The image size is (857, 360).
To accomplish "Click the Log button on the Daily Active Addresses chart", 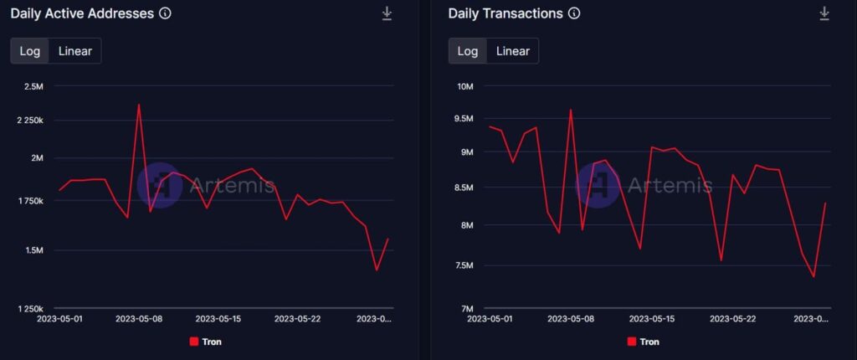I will [x=30, y=51].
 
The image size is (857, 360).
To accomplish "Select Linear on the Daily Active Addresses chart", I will [x=75, y=51].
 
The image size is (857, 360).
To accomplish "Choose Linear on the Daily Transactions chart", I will [x=512, y=51].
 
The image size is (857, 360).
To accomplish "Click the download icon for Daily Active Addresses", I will [x=387, y=13].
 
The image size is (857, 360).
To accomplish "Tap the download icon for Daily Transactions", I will [x=824, y=13].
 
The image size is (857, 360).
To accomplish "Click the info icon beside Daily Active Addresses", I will [x=165, y=13].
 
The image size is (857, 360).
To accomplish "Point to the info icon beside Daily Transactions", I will [x=573, y=13].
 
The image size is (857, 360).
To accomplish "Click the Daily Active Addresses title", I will [x=82, y=13].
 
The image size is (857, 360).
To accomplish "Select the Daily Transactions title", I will [x=505, y=13].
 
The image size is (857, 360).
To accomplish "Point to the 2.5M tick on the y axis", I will [x=33, y=86].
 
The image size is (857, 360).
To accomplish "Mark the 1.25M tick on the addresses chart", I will [x=31, y=309].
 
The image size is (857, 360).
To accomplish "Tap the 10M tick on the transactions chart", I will [x=464, y=86].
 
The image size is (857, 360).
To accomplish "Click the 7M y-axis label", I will [x=467, y=309].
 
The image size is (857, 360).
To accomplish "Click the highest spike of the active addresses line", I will [x=139, y=105].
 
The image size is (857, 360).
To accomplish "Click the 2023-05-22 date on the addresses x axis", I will [x=297, y=319].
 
